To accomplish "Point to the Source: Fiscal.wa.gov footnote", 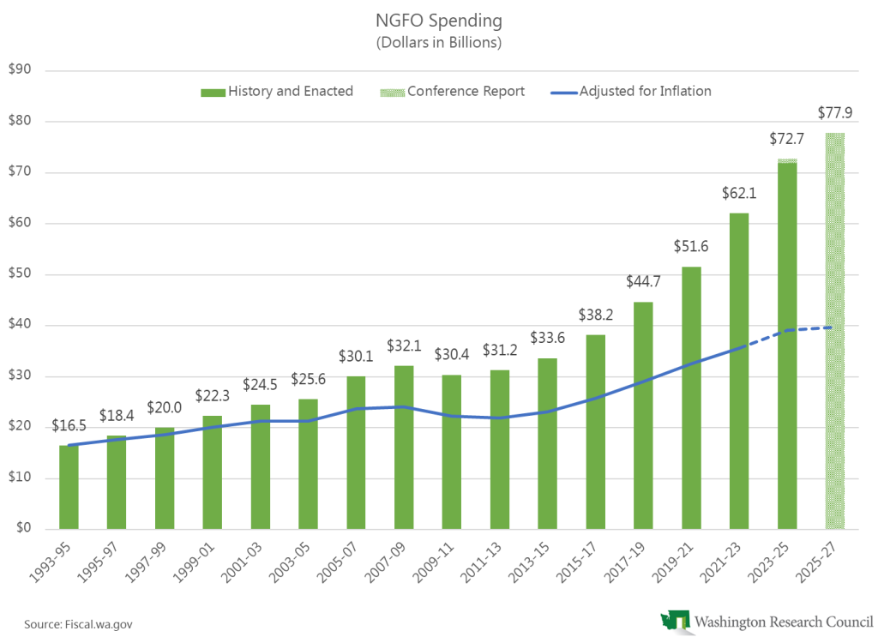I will click(x=72, y=623).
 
